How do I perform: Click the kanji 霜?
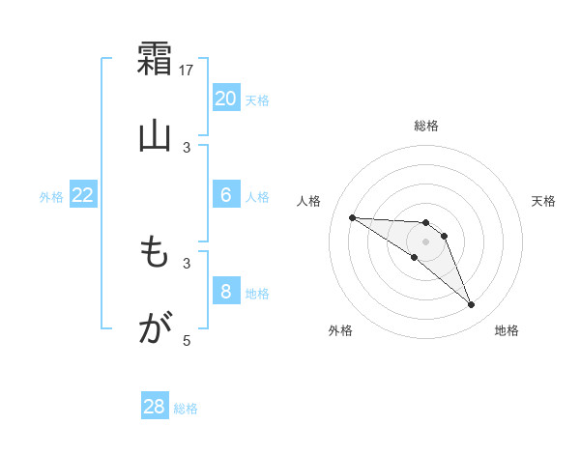[x=155, y=57]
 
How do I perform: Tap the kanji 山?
[x=155, y=134]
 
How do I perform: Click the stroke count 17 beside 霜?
[x=188, y=70]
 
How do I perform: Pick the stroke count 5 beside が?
[x=188, y=340]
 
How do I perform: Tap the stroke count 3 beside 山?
[x=188, y=147]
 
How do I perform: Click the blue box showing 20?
[x=225, y=99]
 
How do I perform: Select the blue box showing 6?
[x=225, y=195]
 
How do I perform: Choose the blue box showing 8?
[x=225, y=292]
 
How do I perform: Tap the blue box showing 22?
[x=83, y=195]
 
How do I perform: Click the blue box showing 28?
[x=155, y=407]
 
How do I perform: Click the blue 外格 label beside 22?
[x=51, y=197]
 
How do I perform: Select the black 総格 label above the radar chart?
[x=426, y=126]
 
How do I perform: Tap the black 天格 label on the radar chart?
[x=544, y=201]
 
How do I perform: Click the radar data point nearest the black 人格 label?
[x=352, y=217]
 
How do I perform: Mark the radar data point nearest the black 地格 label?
[x=472, y=305]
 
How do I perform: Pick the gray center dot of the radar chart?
[x=425, y=241]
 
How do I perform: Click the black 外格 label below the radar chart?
[x=340, y=331]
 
